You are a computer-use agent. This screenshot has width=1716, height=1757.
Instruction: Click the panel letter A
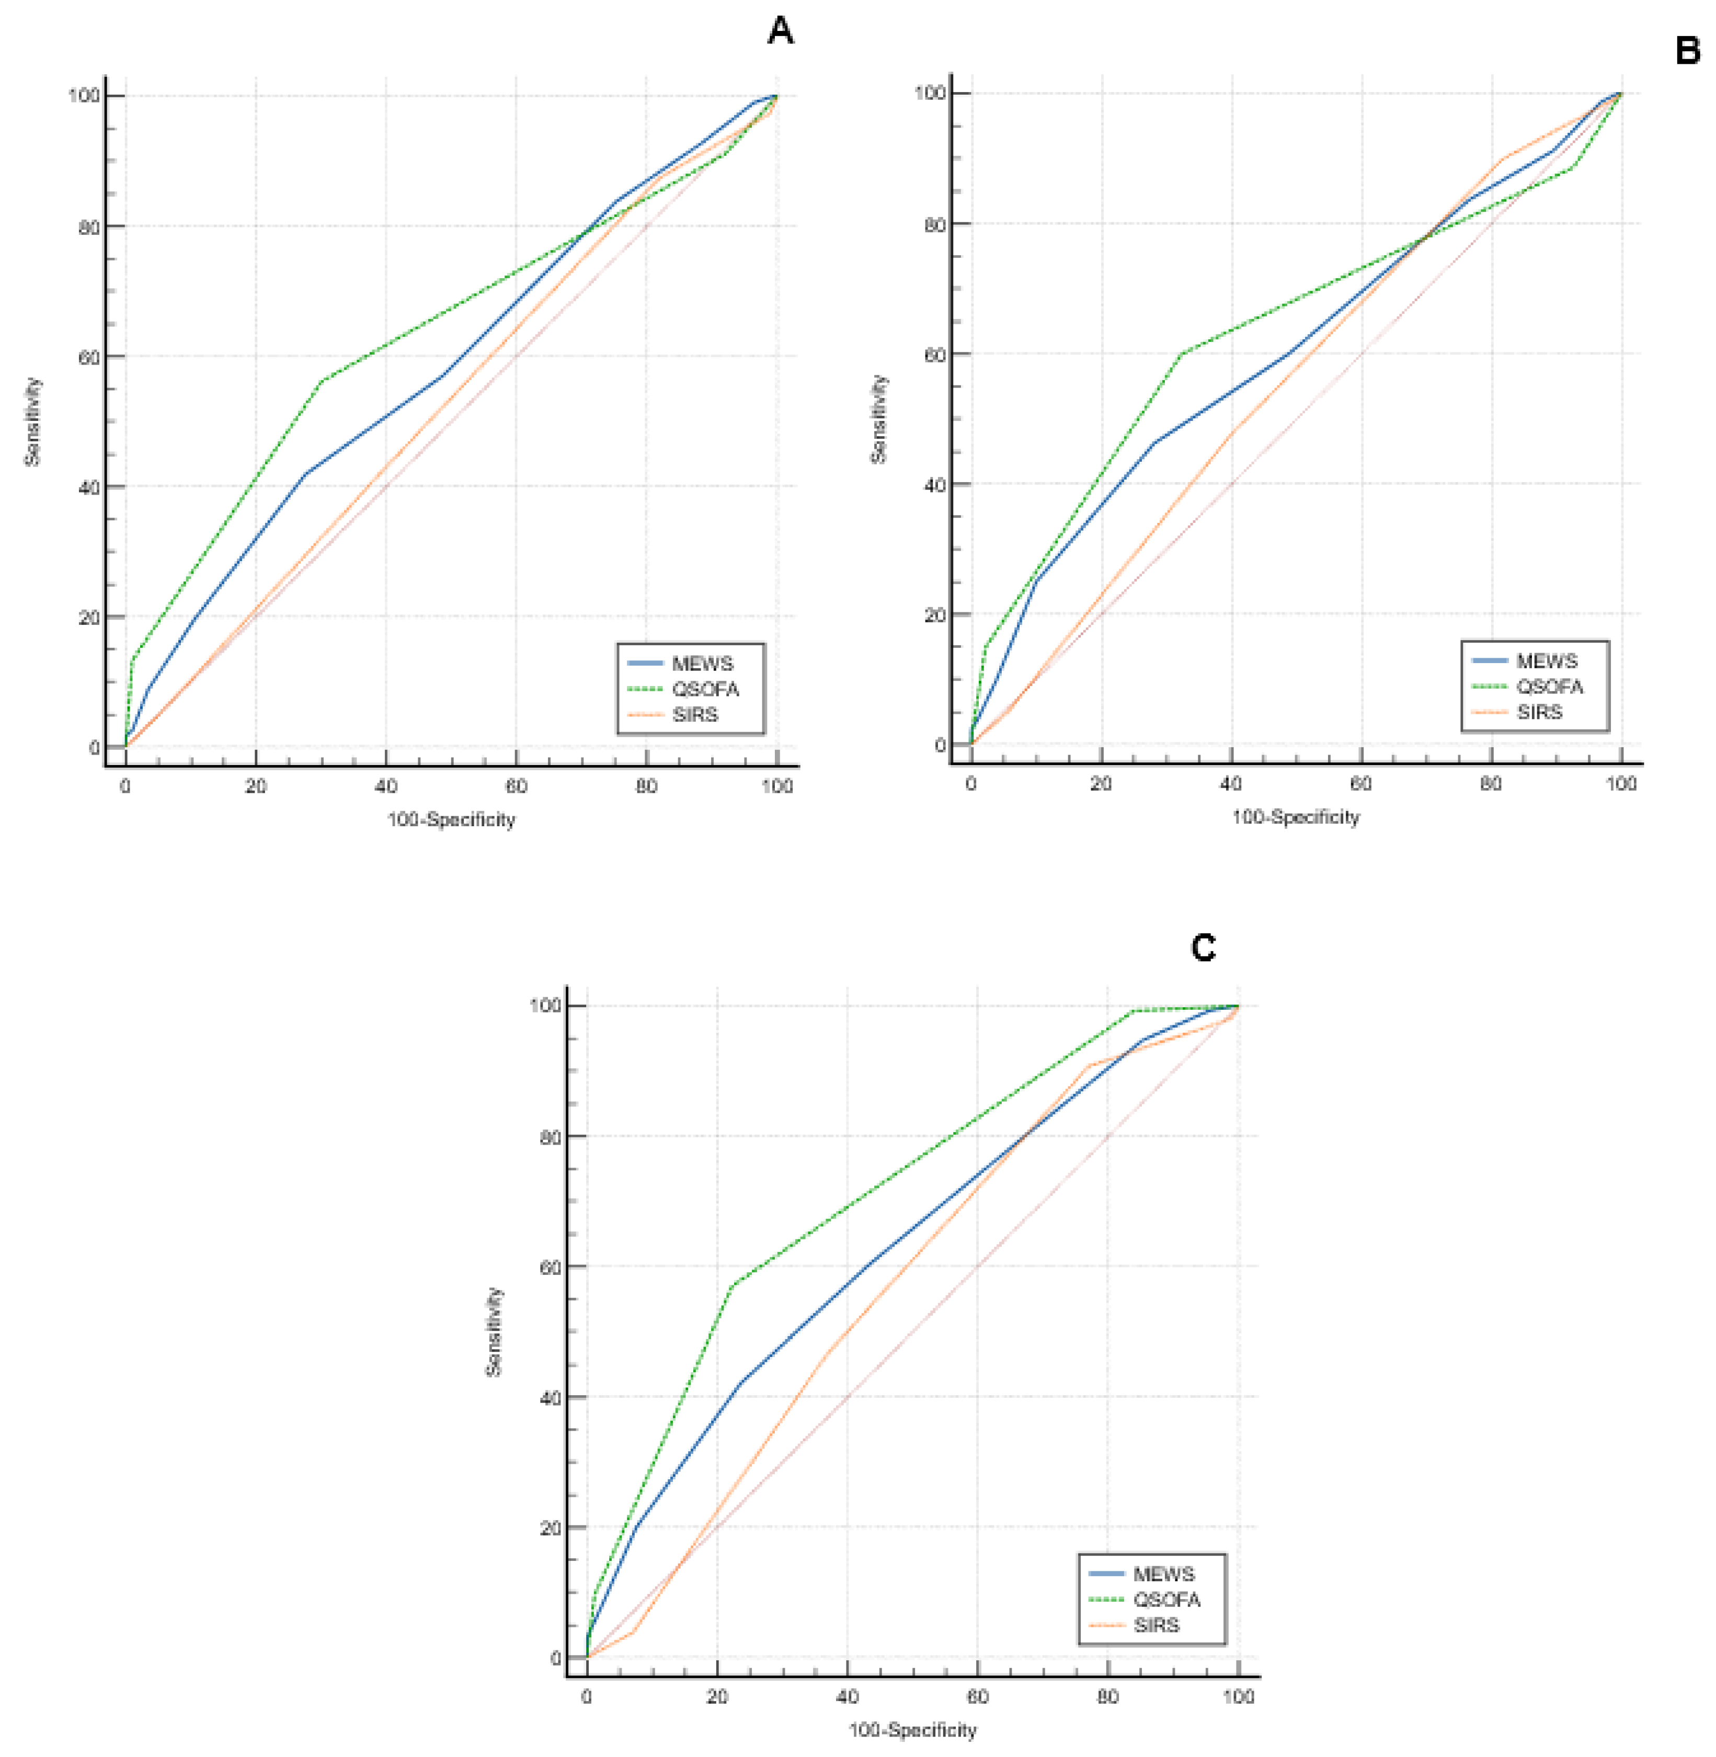(781, 31)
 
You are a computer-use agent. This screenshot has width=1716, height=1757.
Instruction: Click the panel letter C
(1203, 948)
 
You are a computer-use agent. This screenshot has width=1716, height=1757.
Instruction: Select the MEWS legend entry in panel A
(702, 664)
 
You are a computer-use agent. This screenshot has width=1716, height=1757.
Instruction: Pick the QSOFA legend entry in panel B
(1548, 687)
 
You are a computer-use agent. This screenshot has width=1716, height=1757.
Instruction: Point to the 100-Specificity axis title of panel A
(451, 819)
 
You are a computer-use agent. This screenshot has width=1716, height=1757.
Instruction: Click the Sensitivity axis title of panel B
(879, 419)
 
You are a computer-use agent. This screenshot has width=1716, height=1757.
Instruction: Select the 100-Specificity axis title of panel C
(912, 1730)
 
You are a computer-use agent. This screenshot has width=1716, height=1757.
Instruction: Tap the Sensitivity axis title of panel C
(494, 1331)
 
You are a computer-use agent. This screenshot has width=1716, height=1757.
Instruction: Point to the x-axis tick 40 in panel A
(386, 786)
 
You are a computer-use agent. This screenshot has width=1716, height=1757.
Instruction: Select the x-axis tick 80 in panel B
(1491, 783)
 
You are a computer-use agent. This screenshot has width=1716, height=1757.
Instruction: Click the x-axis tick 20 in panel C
(716, 1696)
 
